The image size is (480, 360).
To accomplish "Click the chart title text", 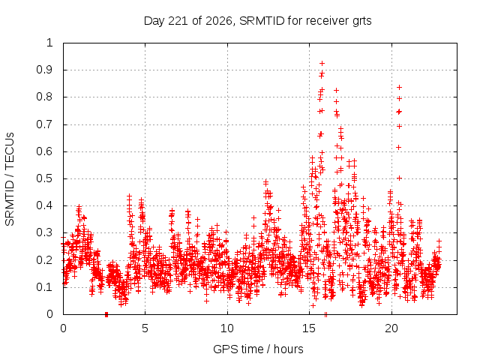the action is tap(257, 21).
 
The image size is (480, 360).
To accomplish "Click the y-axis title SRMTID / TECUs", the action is tap(10, 179).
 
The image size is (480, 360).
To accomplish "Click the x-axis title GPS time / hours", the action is tap(258, 349).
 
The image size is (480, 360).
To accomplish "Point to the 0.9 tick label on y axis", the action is tap(44, 70).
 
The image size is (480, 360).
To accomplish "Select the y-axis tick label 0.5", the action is tap(44, 178).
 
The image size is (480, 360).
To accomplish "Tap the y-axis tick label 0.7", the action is tap(44, 124).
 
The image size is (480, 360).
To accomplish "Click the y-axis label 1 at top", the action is tap(49, 43).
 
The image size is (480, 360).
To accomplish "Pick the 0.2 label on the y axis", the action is tap(44, 260).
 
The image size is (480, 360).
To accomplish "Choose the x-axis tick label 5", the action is tap(145, 328).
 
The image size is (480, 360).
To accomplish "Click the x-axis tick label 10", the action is tap(227, 328).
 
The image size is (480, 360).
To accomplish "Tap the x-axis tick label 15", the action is tap(309, 328).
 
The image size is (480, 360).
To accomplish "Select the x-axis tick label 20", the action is tap(391, 328).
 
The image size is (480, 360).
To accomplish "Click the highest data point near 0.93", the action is tap(322, 63).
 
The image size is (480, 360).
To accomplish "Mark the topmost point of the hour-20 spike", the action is tap(399, 88).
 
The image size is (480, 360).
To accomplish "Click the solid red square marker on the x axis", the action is tap(106, 314).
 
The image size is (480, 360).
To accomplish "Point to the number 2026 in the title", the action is tap(219, 21).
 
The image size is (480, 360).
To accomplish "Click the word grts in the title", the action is tap(362, 22).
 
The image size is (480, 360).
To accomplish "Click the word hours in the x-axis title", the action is tap(288, 349).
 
